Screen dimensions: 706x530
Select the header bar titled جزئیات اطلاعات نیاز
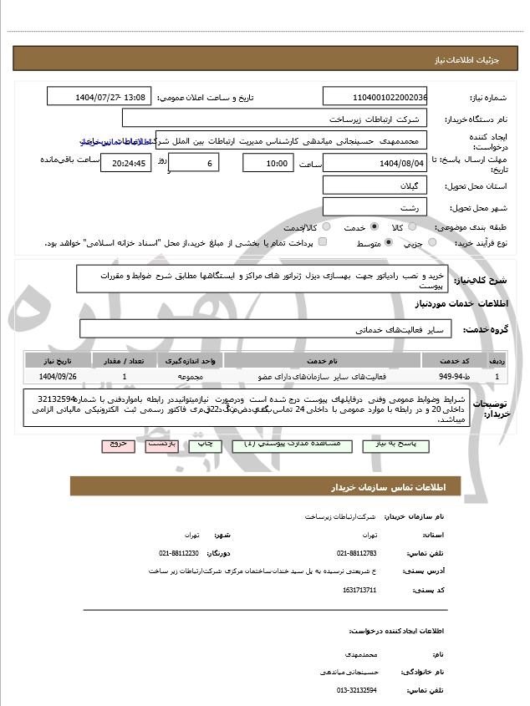tap(265, 58)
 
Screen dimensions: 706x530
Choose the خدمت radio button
tap(374, 226)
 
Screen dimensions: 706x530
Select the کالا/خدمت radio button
tap(325, 226)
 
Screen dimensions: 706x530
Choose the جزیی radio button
tap(432, 242)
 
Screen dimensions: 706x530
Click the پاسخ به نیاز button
tap(397, 444)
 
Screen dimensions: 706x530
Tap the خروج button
tap(117, 444)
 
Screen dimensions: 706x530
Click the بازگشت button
tap(162, 444)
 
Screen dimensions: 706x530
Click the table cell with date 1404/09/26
tap(56, 377)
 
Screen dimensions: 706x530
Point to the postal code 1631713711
tap(359, 590)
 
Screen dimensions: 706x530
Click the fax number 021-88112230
tap(179, 552)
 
